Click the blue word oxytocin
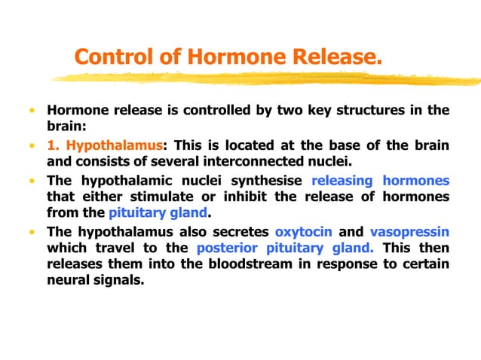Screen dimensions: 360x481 click(x=304, y=231)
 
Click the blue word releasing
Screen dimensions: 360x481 click(x=343, y=181)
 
